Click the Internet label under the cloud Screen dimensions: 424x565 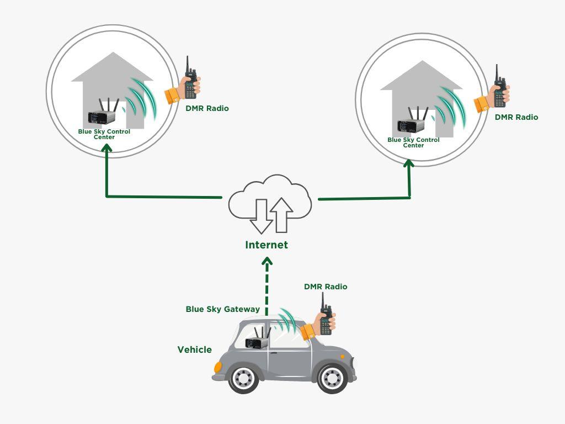point(266,245)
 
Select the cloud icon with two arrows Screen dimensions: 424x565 point(270,204)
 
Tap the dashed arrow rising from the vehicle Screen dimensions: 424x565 point(266,287)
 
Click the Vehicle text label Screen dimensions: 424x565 point(194,349)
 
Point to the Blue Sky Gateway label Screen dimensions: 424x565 point(222,309)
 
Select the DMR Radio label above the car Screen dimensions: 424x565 point(326,287)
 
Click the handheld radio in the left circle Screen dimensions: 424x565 point(191,81)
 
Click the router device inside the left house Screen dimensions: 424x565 point(103,116)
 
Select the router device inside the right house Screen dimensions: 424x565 point(412,124)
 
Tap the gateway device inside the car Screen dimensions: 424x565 point(257,341)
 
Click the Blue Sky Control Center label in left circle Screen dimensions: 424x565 point(104,134)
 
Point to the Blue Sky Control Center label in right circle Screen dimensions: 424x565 point(413,142)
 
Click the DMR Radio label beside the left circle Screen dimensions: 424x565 point(207,108)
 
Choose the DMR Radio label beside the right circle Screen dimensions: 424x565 point(516,117)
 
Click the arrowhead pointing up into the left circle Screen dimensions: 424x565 point(106,147)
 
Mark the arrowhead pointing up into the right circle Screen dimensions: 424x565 point(409,164)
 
